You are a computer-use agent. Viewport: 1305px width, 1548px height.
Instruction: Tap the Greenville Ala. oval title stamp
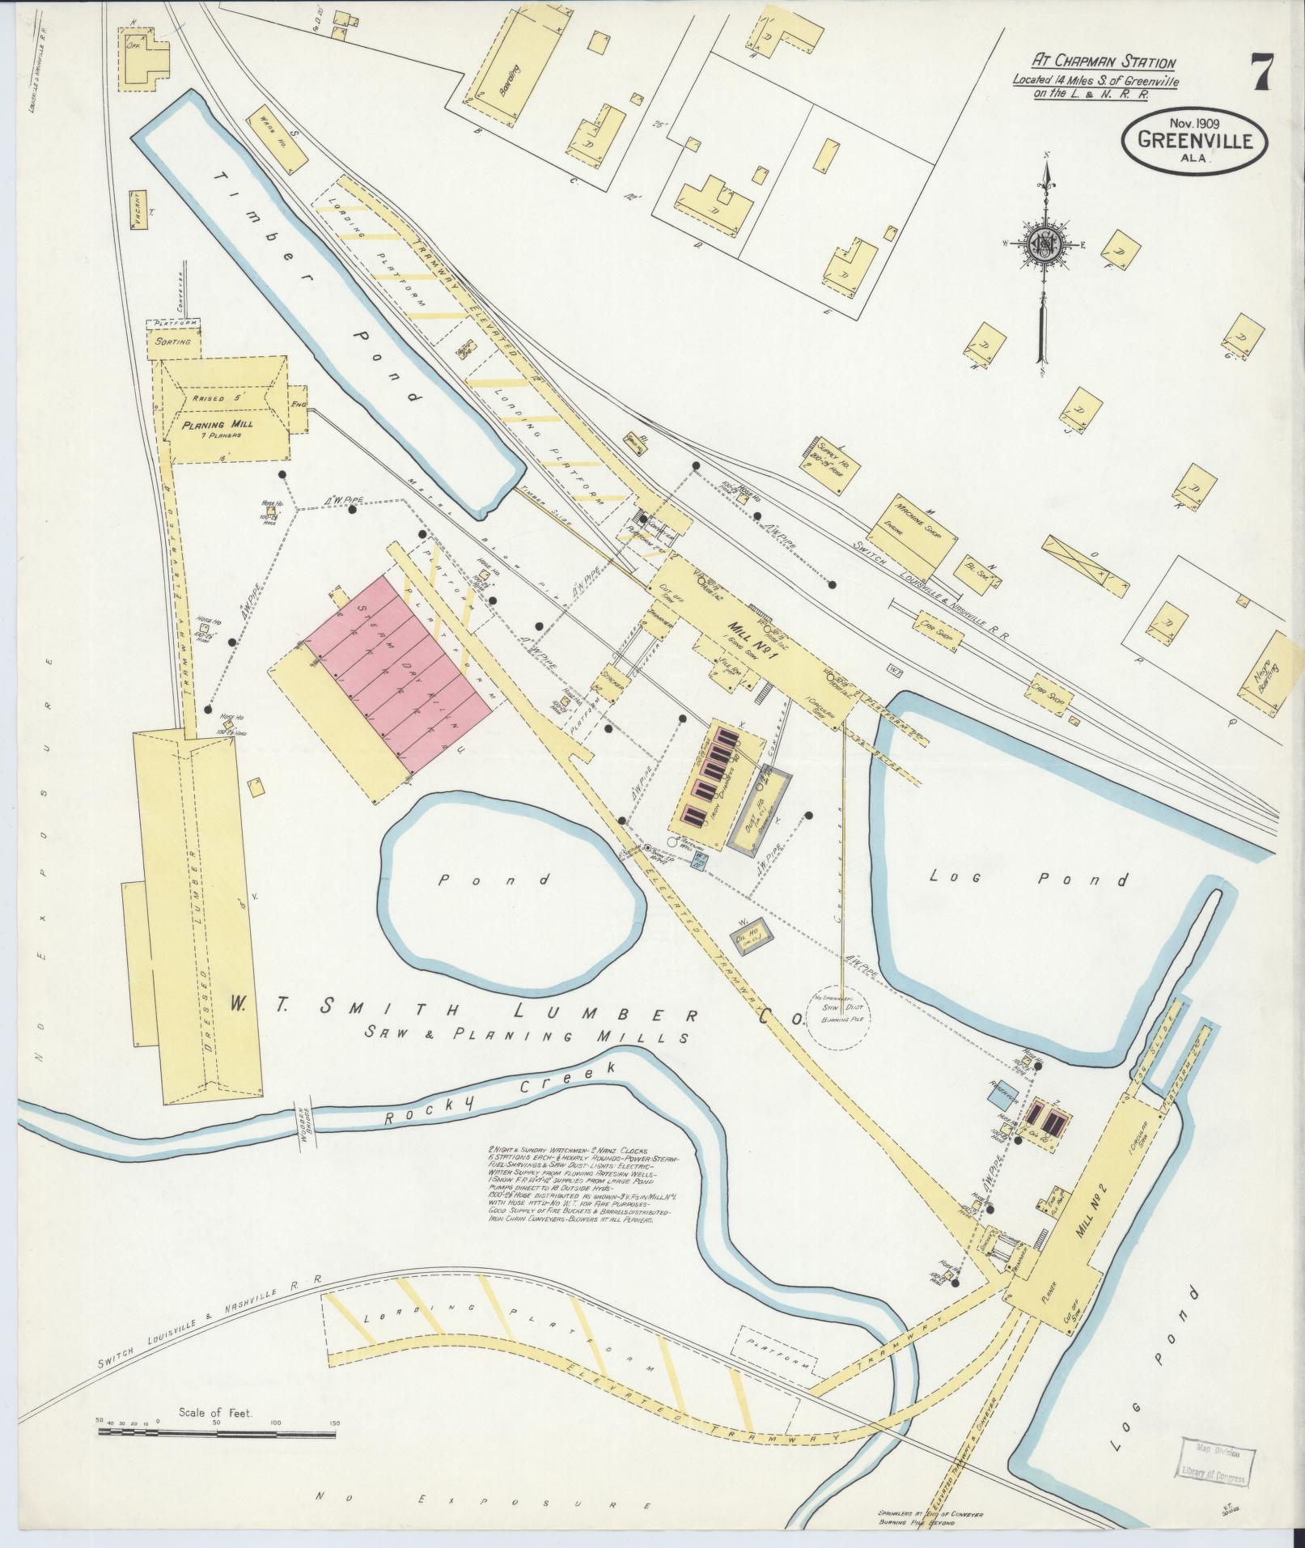1193,140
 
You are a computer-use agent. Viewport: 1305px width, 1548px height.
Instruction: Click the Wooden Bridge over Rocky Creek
302,1120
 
